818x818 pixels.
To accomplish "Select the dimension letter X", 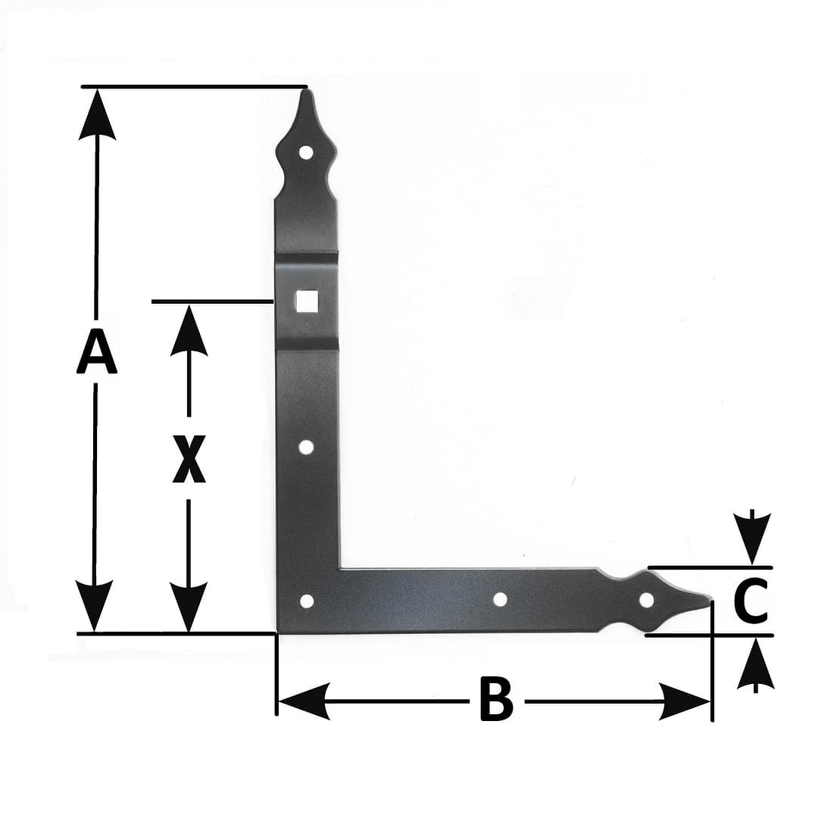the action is pos(189,459).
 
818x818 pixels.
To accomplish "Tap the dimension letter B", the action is pos(496,699).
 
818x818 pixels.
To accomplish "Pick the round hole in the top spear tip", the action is pos(306,153).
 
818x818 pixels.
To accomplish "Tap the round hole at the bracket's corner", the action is pos(307,601).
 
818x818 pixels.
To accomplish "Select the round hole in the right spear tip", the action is pos(646,601).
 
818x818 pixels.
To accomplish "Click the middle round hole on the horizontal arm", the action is pos(500,599).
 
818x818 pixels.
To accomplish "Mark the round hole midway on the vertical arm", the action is pos(306,447).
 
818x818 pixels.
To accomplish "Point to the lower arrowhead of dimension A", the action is pos(94,605).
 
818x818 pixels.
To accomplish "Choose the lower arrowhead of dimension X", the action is pos(189,606).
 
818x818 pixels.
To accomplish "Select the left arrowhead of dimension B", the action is pos(304,701).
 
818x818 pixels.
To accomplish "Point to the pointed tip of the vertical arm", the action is pos(306,89).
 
